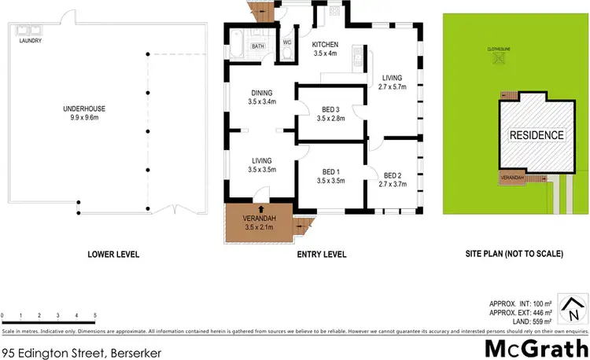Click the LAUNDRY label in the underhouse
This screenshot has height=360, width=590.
31,40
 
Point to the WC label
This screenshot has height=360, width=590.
286,41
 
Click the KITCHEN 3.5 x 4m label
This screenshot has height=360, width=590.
325,49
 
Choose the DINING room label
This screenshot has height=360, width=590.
261,96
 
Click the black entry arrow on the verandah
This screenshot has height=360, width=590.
261,210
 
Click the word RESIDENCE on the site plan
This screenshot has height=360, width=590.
537,135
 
